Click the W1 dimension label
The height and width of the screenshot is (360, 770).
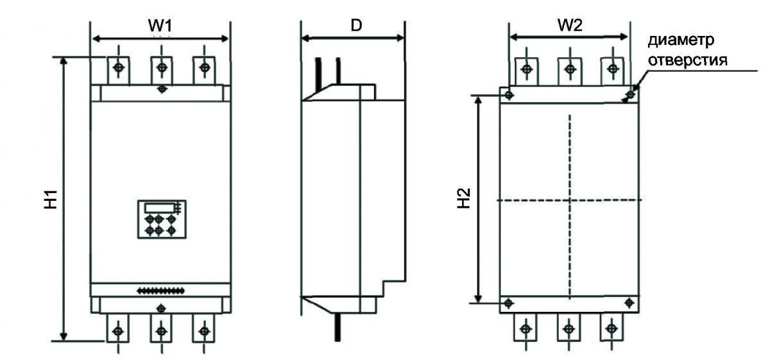point(160,26)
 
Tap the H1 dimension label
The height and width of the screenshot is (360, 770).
point(51,199)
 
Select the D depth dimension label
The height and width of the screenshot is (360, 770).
point(357,25)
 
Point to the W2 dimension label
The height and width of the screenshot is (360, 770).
point(570,25)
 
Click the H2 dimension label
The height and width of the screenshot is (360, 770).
point(464,198)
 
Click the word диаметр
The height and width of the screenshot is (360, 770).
point(681,40)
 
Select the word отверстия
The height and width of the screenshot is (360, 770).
point(687,60)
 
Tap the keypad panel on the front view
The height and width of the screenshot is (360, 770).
point(162,219)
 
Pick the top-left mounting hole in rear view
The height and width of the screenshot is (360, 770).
point(509,94)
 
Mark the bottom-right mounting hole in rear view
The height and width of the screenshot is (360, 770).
point(629,303)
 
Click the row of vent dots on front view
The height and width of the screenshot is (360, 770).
point(160,291)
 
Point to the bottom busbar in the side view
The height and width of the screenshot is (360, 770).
point(338,327)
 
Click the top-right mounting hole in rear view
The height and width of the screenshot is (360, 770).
point(631,94)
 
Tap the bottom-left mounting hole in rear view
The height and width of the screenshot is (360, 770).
point(508,303)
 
